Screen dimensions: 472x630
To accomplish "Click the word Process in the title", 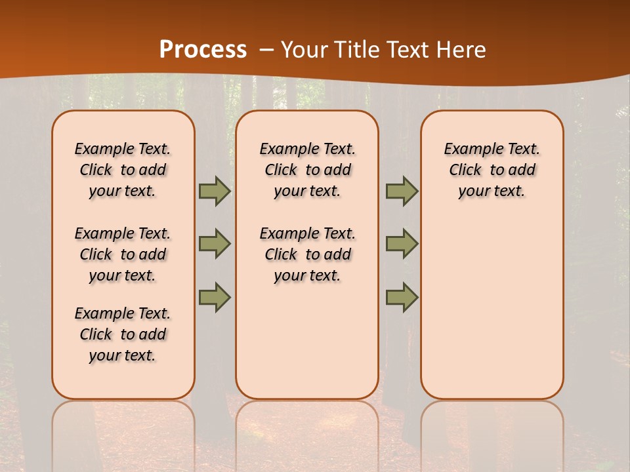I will pos(203,49).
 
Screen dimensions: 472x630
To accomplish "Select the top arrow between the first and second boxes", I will pos(215,191).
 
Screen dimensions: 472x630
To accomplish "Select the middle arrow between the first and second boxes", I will pos(215,244).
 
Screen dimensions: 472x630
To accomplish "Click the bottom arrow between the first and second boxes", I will pos(215,297).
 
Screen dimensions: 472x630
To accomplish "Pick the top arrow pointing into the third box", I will pos(402,191).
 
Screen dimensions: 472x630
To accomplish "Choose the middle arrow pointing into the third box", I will pos(402,244).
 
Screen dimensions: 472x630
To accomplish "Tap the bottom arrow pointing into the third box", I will pos(402,297).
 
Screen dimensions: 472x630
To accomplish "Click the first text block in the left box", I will pos(123,170).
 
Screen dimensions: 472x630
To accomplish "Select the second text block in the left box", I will pos(123,254).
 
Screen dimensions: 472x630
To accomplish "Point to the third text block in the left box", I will pos(123,334).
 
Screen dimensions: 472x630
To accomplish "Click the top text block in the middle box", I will pos(307,170).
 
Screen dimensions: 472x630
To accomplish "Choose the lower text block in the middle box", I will pos(307,254).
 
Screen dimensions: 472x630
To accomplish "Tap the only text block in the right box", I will pos(492,170).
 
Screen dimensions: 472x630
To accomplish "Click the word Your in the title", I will pos(304,50).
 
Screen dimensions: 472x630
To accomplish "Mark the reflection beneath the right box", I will pos(492,433).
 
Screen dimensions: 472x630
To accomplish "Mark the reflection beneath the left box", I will pos(123,433).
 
